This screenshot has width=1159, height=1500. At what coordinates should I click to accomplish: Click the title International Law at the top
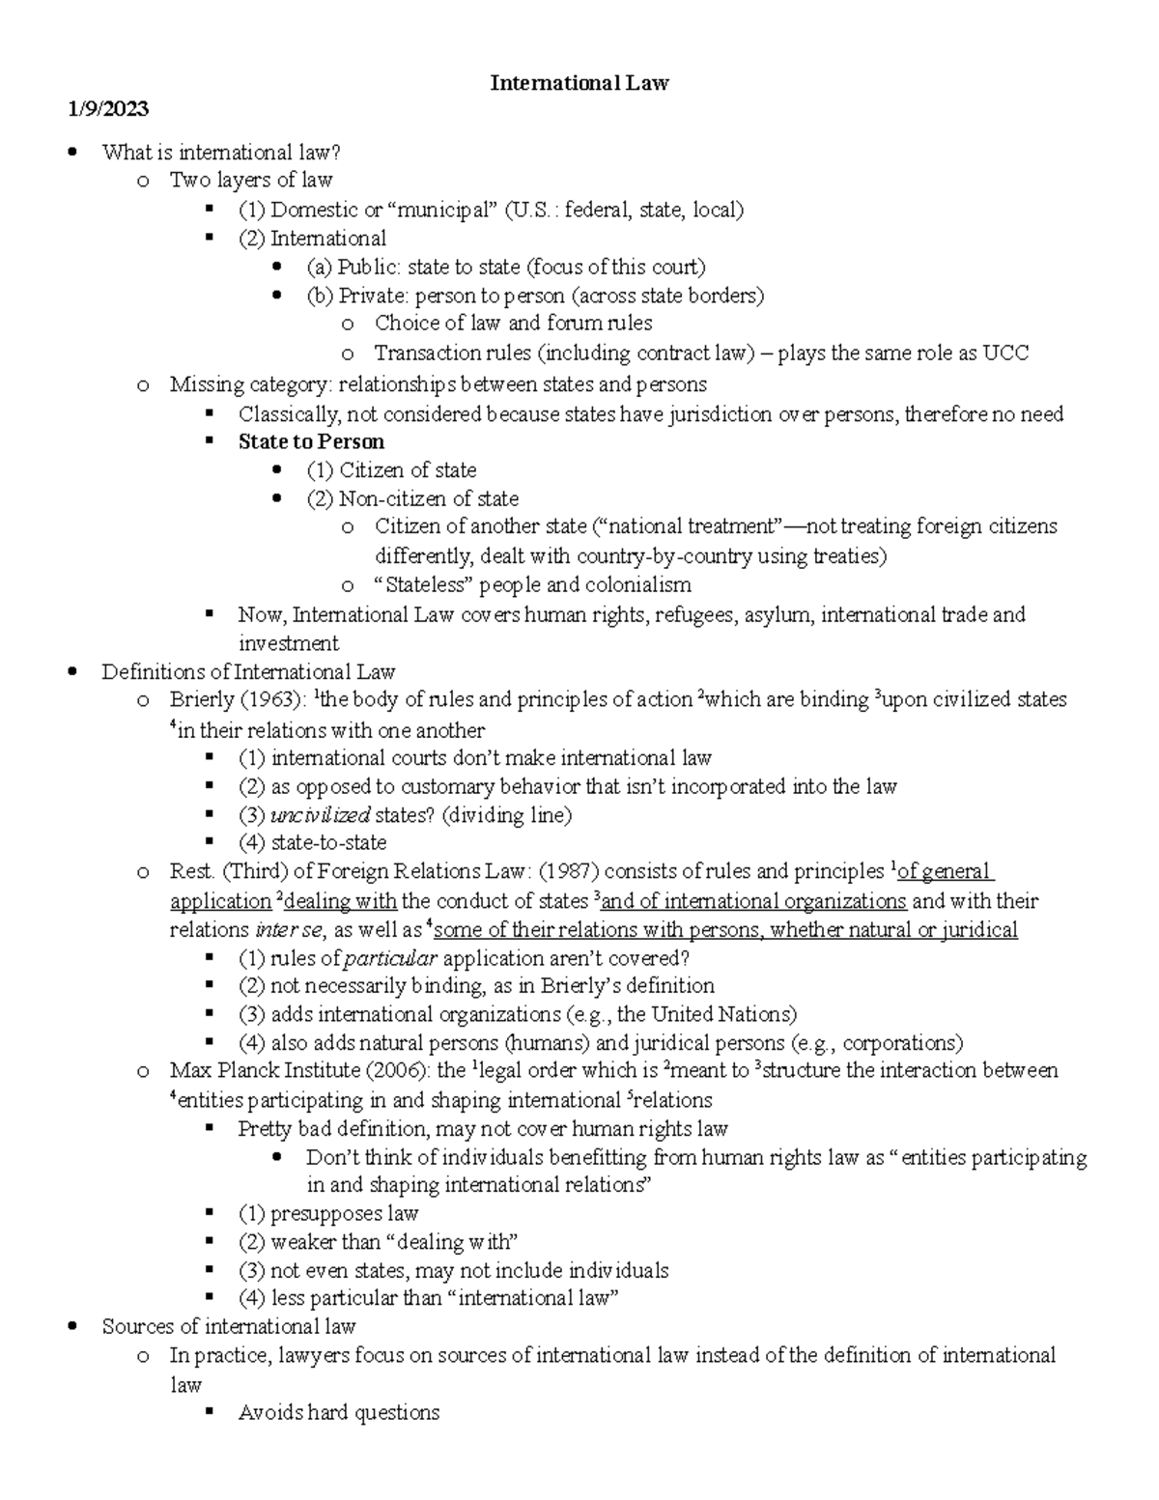coord(579,83)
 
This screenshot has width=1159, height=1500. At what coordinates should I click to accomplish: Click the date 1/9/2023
coord(108,109)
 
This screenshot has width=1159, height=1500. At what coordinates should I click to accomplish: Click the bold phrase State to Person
coord(311,442)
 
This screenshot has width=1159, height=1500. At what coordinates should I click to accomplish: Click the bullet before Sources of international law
coord(73,1327)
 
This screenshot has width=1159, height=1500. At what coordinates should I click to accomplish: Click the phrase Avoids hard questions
coord(338,1413)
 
